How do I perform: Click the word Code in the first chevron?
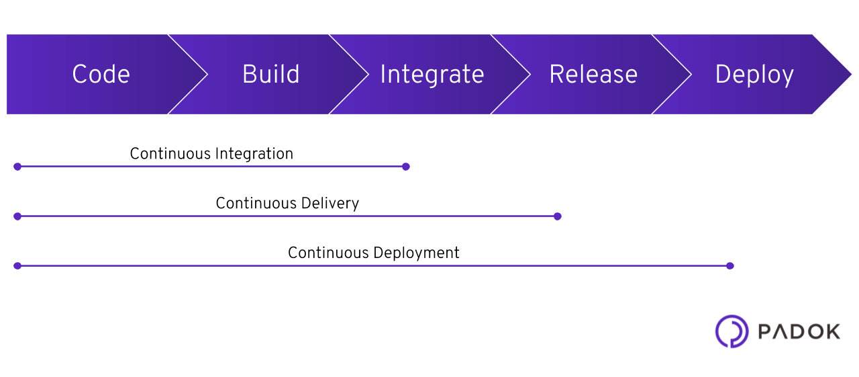coord(101,75)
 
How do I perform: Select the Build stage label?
coord(270,75)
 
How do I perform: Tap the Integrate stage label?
coord(432,75)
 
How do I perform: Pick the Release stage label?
coord(593,75)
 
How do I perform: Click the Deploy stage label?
coord(754,75)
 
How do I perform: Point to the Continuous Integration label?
coord(211,154)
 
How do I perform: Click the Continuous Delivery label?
coord(287,204)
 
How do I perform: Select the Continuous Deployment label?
coord(373,253)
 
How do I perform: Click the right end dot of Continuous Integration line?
coord(405,167)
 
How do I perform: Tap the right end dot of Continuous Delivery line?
coord(557,216)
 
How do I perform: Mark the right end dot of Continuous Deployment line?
coord(730,266)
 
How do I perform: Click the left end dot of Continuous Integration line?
coord(17,167)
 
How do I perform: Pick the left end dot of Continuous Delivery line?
coord(17,216)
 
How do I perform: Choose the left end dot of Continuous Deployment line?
coord(17,266)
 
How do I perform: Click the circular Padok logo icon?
coord(731,331)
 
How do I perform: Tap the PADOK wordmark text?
coord(799,332)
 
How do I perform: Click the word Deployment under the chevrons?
coord(416,253)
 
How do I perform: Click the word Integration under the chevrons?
coord(254,154)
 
